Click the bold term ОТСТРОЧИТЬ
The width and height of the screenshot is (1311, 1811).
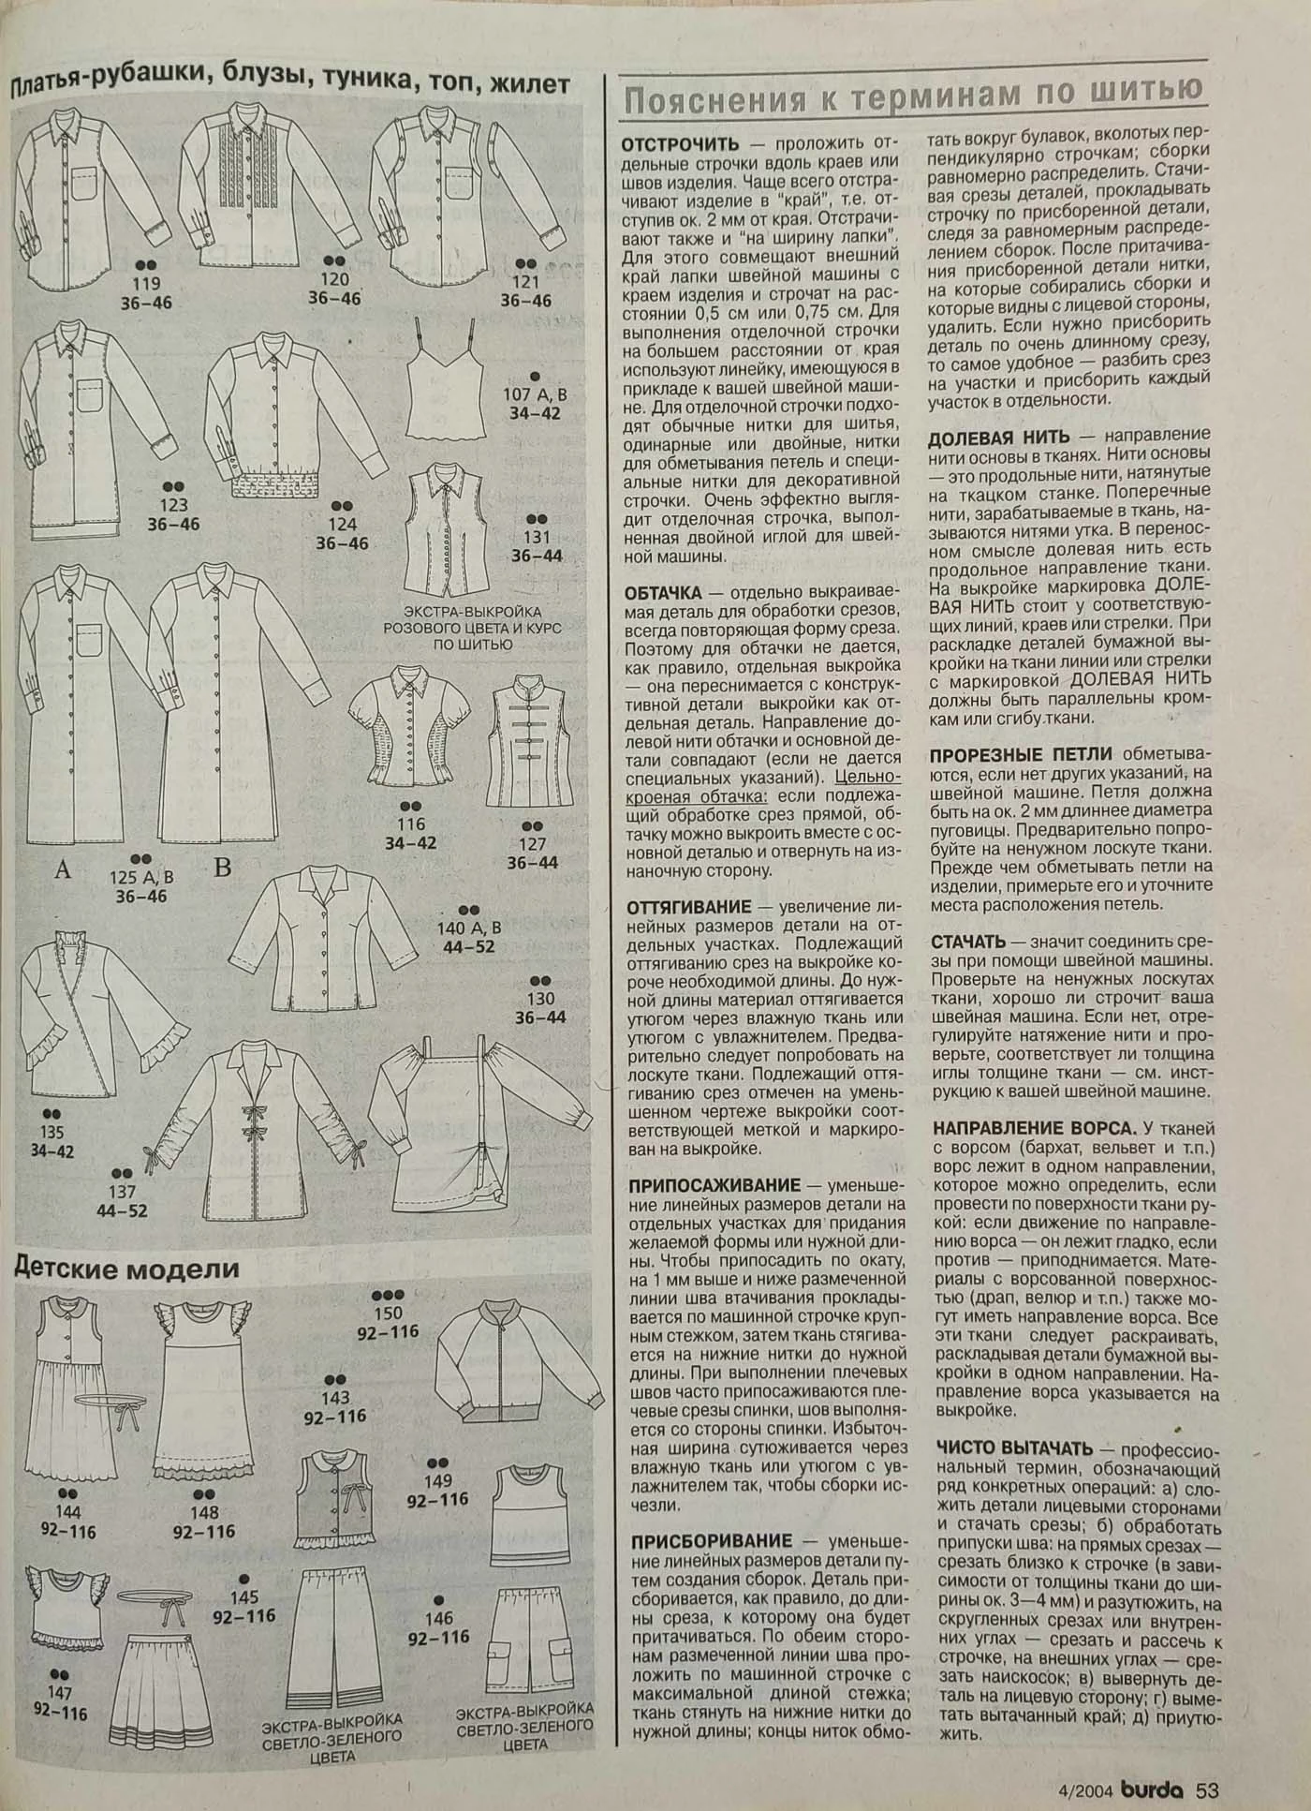pos(679,144)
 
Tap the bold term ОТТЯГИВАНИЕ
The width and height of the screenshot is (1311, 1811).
pos(689,907)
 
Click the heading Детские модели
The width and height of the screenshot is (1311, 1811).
pos(126,1269)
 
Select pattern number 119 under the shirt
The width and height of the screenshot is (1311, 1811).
pos(147,284)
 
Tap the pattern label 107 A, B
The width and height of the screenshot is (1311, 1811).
pos(536,393)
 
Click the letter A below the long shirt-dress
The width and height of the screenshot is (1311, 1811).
pos(63,869)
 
